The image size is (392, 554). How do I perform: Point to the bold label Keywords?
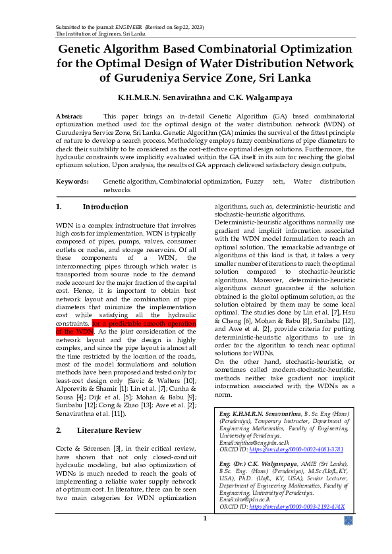pyautogui.click(x=71, y=181)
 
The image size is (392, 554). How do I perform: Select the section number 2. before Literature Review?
pyautogui.click(x=59, y=430)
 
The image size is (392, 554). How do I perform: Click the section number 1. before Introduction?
pyautogui.click(x=59, y=207)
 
